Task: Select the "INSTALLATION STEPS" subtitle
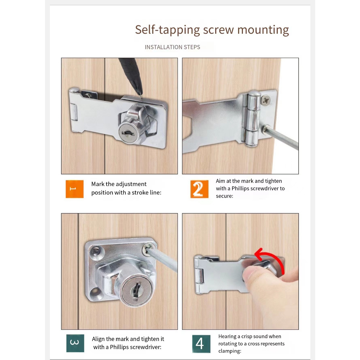pos(172,47)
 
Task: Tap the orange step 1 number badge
pos(75,189)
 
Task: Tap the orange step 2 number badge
pos(199,189)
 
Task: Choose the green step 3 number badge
pos(75,343)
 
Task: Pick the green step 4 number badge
pos(201,344)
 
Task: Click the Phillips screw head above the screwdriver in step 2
pos(266,100)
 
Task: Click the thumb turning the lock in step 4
pos(252,273)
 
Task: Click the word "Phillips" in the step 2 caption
pos(240,188)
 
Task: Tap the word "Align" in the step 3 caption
pos(98,339)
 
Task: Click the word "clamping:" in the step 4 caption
pos(230,351)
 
